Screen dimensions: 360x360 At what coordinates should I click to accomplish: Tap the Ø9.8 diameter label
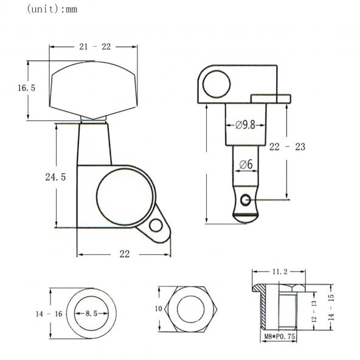pyautogui.click(x=245, y=125)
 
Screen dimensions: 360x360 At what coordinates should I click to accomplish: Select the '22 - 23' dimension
pyautogui.click(x=286, y=147)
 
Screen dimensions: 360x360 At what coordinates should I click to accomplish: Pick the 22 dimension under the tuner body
pyautogui.click(x=124, y=255)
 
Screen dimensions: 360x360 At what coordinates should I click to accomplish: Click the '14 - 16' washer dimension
pyautogui.click(x=49, y=314)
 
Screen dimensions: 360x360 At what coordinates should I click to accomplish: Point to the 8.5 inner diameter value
pyautogui.click(x=91, y=314)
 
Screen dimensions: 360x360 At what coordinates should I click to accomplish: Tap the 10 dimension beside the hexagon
pyautogui.click(x=158, y=309)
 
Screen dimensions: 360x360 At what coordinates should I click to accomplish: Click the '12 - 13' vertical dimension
pyautogui.click(x=314, y=311)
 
